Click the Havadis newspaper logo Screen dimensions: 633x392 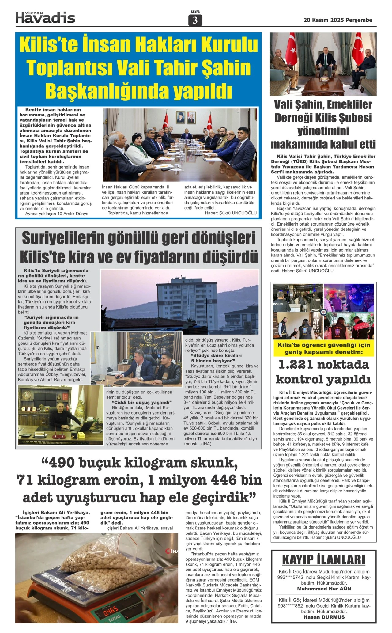tap(45, 18)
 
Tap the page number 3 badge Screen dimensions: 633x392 tap(195, 20)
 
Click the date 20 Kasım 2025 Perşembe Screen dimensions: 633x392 tap(338, 20)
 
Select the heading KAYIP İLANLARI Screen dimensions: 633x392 tap(324, 559)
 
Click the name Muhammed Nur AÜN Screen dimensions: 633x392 tap(324, 588)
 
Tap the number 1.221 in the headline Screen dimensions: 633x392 tap(296, 365)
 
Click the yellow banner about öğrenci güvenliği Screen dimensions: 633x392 tap(324, 348)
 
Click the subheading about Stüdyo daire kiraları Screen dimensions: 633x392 tap(216, 358)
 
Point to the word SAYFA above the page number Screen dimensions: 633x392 tap(195, 12)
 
